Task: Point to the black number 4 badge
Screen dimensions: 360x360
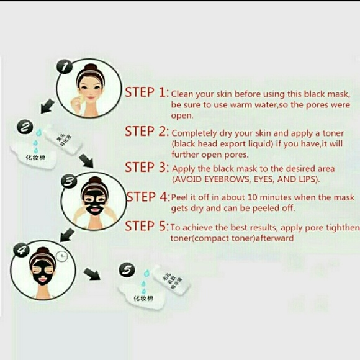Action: pyautogui.click(x=22, y=250)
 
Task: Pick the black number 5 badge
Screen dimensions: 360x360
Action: pyautogui.click(x=127, y=271)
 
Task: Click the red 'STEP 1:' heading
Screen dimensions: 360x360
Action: pyautogui.click(x=146, y=92)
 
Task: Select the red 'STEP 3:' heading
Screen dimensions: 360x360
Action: pyautogui.click(x=146, y=168)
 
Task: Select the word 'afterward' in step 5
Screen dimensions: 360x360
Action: pyautogui.click(x=274, y=238)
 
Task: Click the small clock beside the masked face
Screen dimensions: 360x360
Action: pyautogui.click(x=60, y=254)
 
